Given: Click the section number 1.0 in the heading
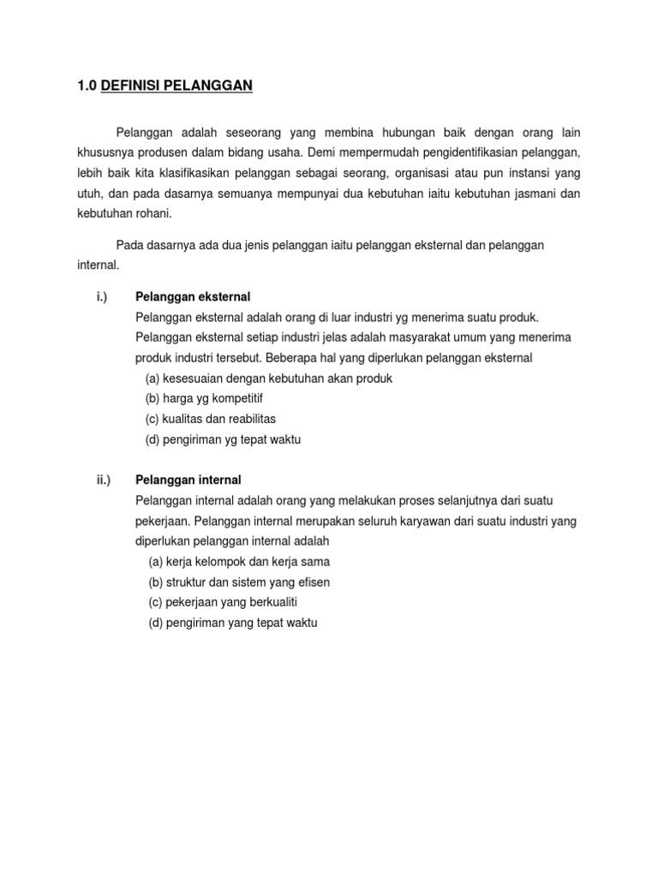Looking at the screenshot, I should (87, 86).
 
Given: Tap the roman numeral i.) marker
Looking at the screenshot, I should (102, 296).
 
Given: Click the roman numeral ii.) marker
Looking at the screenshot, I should (104, 480).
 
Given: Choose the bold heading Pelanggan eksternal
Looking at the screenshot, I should (193, 296).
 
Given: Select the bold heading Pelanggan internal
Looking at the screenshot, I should (188, 480).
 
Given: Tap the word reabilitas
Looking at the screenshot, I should (247, 419).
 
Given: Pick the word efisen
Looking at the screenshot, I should (312, 582).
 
